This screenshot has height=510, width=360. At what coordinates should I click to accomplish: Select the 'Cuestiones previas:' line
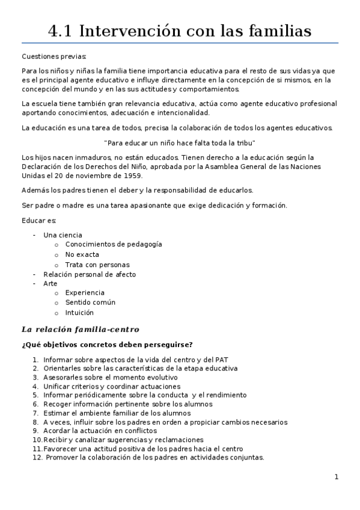click(x=54, y=57)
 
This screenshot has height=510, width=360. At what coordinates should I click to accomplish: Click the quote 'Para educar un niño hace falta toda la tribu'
click(x=180, y=143)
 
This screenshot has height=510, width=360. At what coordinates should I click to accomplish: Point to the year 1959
click(x=131, y=176)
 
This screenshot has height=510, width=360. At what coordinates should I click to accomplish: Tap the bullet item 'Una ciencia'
click(x=63, y=235)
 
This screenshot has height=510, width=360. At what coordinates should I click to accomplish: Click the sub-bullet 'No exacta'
click(x=82, y=254)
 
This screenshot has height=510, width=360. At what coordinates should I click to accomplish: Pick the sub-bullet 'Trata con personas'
click(x=97, y=265)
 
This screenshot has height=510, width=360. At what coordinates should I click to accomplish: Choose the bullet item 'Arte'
click(x=50, y=283)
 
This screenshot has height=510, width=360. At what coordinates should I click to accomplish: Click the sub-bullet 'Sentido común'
click(x=90, y=303)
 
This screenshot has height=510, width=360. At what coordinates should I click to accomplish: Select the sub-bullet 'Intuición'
click(x=79, y=313)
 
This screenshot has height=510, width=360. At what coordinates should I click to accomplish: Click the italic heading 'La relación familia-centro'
click(x=80, y=330)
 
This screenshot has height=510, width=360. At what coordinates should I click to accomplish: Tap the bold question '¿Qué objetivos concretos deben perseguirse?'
click(x=107, y=345)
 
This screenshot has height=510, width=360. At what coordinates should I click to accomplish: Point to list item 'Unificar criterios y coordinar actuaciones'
click(x=111, y=386)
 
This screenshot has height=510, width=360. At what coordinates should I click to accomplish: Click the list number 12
click(x=37, y=458)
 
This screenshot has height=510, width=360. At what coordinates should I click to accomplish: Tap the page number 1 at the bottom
click(x=337, y=478)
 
